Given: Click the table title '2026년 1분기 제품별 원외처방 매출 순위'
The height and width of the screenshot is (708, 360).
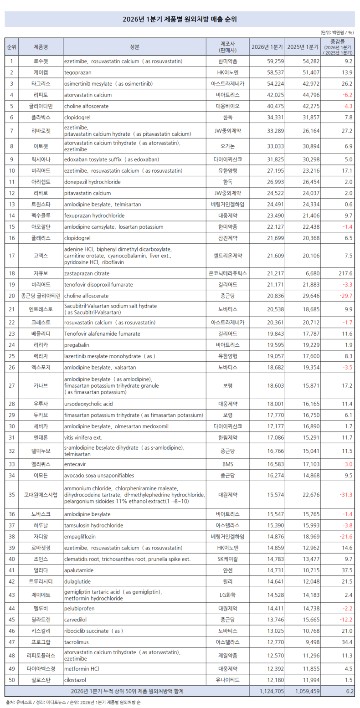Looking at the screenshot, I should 180,19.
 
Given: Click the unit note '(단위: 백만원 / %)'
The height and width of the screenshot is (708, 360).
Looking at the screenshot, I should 337,32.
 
